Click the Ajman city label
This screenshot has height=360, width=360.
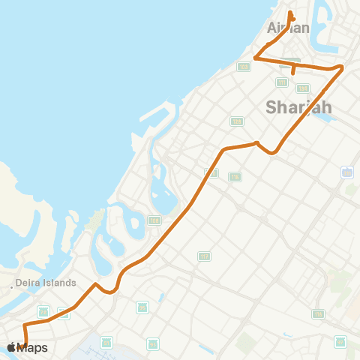tap(288, 28)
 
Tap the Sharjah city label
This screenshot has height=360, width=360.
tap(298, 107)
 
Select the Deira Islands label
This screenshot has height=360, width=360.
tap(46, 283)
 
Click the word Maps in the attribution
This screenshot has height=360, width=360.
tap(32, 347)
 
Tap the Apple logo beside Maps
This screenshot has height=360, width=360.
tap(11, 346)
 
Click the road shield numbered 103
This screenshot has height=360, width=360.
tap(243, 67)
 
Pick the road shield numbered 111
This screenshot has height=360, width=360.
tap(282, 82)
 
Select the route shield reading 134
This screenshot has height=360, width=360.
tap(303, 88)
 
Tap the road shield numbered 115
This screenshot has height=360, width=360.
tap(235, 177)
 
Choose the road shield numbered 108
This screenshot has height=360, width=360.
tap(154, 220)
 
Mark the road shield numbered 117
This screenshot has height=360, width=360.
tap(204, 256)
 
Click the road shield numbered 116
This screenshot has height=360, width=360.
tap(319, 313)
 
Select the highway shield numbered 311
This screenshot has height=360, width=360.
tap(347, 172)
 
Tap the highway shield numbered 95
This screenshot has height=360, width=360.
tap(142, 307)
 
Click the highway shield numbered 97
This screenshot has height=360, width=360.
tap(153, 343)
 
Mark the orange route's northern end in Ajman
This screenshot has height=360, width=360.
tap(291, 17)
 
